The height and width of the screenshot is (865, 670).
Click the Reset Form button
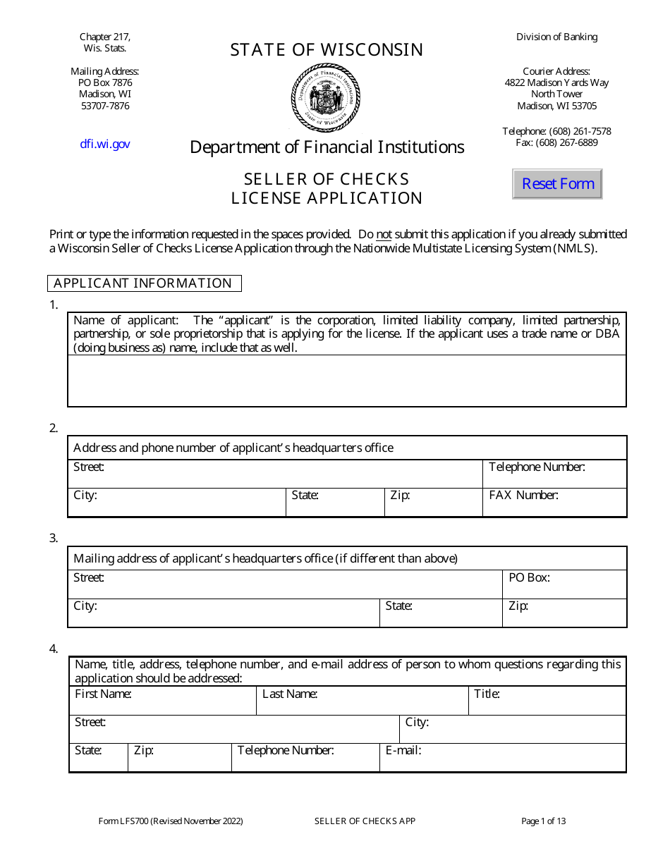coord(557,184)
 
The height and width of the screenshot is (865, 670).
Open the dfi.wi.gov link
coord(104,144)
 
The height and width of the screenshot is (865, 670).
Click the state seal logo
coord(326,97)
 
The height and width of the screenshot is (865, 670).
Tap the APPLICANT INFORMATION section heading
coord(144,283)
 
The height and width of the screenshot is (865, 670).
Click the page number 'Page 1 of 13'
coord(543,821)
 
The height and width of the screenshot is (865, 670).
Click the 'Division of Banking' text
coord(556,37)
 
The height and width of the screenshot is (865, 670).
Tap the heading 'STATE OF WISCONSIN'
coord(327,50)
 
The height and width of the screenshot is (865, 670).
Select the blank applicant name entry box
coord(346,381)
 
